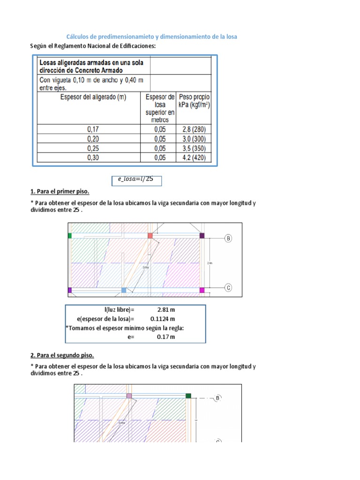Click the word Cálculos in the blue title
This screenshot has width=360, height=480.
pyautogui.click(x=78, y=37)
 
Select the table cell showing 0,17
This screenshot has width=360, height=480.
pyautogui.click(x=93, y=129)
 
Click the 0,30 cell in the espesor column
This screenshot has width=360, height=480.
pyautogui.click(x=93, y=157)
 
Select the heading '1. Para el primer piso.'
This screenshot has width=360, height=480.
pyautogui.click(x=60, y=192)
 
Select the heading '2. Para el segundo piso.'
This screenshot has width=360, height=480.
pyautogui.click(x=62, y=355)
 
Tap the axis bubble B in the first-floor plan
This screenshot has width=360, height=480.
pyautogui.click(x=228, y=239)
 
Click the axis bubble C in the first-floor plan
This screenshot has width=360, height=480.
pyautogui.click(x=228, y=288)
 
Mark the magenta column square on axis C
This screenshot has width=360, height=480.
pyautogui.click(x=202, y=290)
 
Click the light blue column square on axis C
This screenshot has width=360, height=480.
pyautogui.click(x=124, y=290)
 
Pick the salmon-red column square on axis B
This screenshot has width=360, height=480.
pyautogui.click(x=150, y=235)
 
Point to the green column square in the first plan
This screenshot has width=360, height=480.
pyautogui.click(x=70, y=235)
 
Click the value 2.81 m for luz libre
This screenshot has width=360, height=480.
pyautogui.click(x=166, y=310)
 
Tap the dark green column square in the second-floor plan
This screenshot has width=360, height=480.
pyautogui.click(x=188, y=396)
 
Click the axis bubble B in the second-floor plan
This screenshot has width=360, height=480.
pyautogui.click(x=217, y=398)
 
